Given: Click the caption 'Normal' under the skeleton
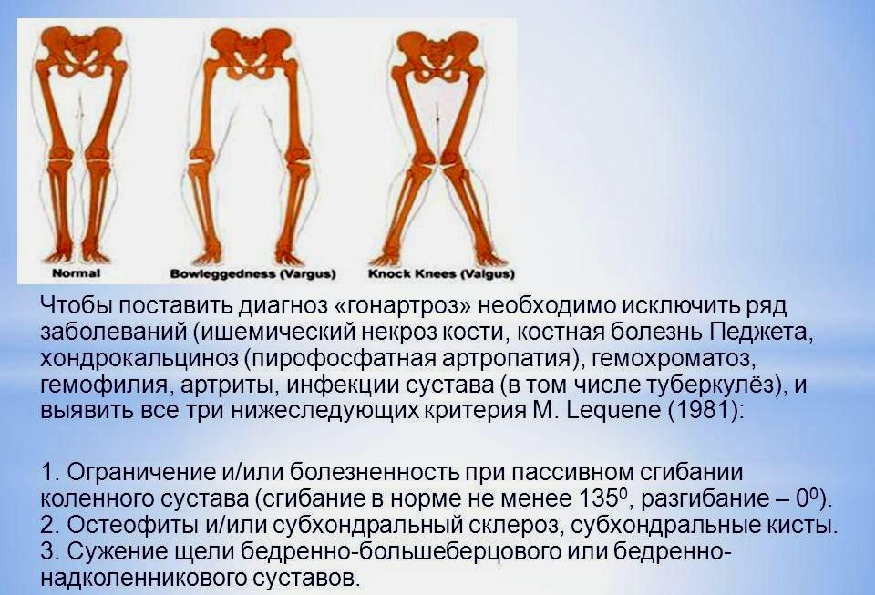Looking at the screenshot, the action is pos(77,273).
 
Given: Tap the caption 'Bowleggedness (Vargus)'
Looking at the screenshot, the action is pos(252,273).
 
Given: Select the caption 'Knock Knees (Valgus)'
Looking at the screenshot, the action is pos(441,273).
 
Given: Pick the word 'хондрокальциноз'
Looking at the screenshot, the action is pos(139,359).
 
